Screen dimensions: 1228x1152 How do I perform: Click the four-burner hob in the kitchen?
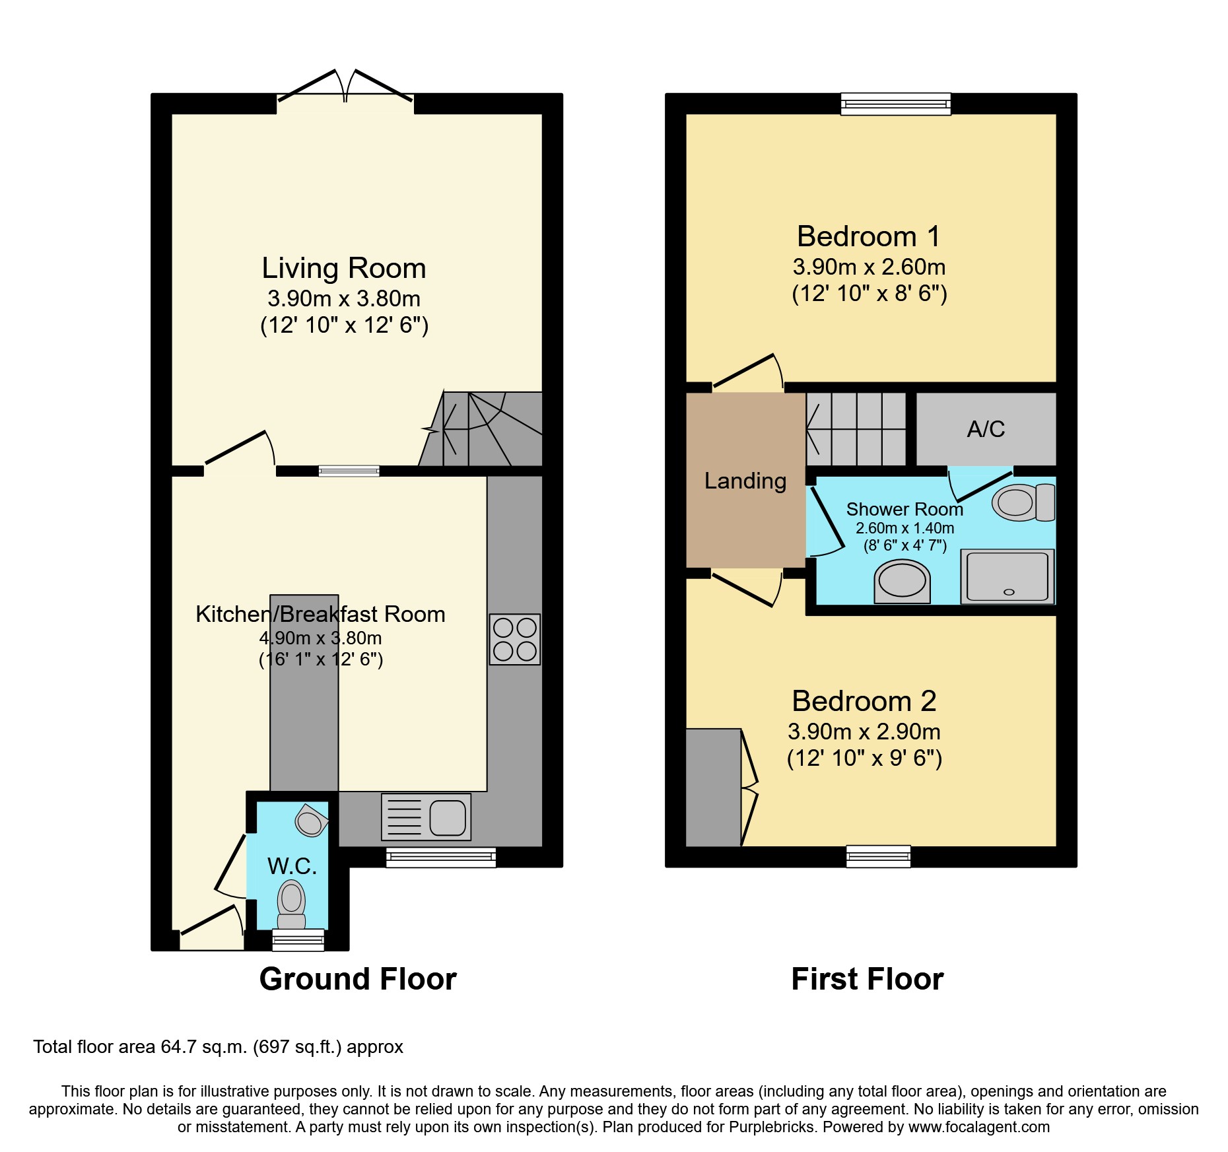(515, 639)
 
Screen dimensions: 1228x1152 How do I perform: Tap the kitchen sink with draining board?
(426, 817)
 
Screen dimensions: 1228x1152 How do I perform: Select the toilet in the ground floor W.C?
(291, 905)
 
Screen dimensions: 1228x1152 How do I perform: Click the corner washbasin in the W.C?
(311, 820)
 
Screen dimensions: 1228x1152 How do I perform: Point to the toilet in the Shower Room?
(1023, 502)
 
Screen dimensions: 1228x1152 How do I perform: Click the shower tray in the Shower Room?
(1007, 576)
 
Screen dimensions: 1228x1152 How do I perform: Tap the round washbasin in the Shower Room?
(902, 582)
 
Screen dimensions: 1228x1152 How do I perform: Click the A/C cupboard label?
(986, 429)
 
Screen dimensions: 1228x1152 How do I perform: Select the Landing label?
(745, 481)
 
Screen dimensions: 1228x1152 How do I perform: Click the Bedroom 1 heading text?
(868, 236)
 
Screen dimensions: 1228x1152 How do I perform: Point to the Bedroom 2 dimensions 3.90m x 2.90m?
(864, 731)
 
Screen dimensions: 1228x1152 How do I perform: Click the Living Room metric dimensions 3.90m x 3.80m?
(344, 298)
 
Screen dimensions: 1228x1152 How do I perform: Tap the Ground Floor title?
(358, 978)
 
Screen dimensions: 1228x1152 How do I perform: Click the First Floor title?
(868, 978)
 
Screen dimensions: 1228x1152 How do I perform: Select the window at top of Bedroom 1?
(896, 104)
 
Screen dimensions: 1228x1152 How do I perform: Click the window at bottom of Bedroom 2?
(879, 856)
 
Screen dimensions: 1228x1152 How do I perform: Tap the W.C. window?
(298, 939)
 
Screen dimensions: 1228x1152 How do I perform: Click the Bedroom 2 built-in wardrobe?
(713, 788)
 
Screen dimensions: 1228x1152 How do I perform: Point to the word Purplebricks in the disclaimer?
(772, 1127)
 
